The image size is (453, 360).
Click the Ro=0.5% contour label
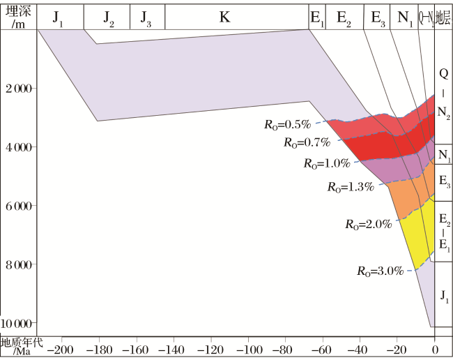pyautogui.click(x=287, y=125)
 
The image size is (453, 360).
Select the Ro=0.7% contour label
pyautogui.click(x=307, y=142)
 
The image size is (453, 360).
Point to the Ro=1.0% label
pyautogui.click(x=327, y=164)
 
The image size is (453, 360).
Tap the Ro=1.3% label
pyautogui.click(x=351, y=187)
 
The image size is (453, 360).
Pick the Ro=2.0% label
pyautogui.click(x=369, y=225)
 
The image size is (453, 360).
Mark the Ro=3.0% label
pyautogui.click(x=381, y=271)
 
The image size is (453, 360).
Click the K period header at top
pyautogui.click(x=225, y=17)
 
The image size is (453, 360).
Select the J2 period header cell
pyautogui.click(x=109, y=19)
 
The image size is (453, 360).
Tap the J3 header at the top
pyautogui.click(x=146, y=19)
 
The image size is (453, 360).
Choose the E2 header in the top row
pyautogui.click(x=344, y=19)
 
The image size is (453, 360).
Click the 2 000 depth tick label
pyautogui.click(x=19, y=88)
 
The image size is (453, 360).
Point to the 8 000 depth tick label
pyautogui.click(x=19, y=264)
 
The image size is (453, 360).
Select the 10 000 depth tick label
pyautogui.click(x=16, y=323)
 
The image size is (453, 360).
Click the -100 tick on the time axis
pyautogui.click(x=249, y=350)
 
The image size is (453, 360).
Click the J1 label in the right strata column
pyautogui.click(x=445, y=297)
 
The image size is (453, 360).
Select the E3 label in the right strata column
pyautogui.click(x=445, y=181)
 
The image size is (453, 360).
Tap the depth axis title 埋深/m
pyautogui.click(x=18, y=17)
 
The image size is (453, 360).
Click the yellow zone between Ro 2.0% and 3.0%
pyautogui.click(x=418, y=234)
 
